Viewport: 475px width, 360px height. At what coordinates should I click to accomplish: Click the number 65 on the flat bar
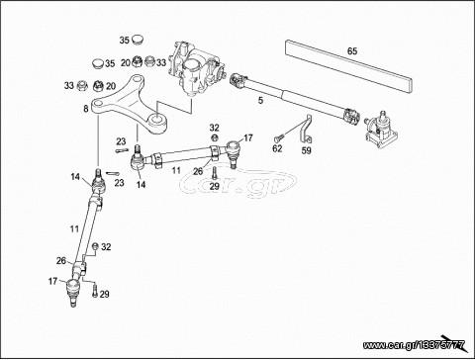pyautogui.click(x=352, y=51)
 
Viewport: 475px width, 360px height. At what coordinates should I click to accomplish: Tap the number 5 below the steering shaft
pyautogui.click(x=260, y=101)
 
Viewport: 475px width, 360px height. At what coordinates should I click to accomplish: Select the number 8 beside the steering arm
pyautogui.click(x=86, y=109)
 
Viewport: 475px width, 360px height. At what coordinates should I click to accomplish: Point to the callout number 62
pyautogui.click(x=277, y=148)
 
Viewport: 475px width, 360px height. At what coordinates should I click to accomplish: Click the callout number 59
pyautogui.click(x=307, y=150)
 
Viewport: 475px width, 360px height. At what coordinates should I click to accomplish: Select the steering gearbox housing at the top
pyautogui.click(x=197, y=69)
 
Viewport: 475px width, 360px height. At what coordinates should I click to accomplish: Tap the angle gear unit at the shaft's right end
pyautogui.click(x=381, y=130)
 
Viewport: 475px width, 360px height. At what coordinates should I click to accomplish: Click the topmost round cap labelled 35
pyautogui.click(x=137, y=40)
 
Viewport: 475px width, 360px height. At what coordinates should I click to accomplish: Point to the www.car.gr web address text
pyautogui.click(x=414, y=345)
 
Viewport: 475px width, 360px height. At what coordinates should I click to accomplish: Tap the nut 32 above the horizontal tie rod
pyautogui.click(x=214, y=136)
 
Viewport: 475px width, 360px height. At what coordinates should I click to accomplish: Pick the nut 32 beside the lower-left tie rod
pyautogui.click(x=95, y=246)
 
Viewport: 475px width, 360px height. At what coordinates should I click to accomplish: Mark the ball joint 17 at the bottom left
pyautogui.click(x=73, y=291)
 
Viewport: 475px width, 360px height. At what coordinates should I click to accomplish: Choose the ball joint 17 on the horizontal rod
pyautogui.click(x=233, y=152)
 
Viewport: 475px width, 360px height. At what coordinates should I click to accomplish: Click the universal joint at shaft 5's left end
pyautogui.click(x=239, y=81)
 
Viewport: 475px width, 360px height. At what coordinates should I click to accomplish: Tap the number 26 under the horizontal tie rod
pyautogui.click(x=198, y=171)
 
